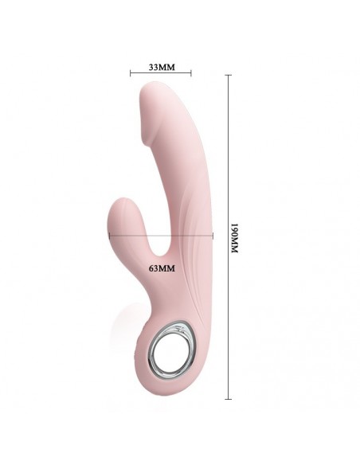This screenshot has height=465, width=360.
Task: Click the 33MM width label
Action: pos(161,66)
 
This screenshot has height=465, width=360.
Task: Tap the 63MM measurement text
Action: pos(161,268)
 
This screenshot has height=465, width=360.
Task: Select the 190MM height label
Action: pos(235,237)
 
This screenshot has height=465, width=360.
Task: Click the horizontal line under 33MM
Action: pos(161,75)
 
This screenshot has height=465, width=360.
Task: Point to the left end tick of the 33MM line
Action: pos(131,75)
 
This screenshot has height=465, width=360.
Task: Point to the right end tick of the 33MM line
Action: pos(191,75)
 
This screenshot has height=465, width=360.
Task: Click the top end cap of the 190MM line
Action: pos(229,75)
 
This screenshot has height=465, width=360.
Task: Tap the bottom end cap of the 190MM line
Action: pos(229,397)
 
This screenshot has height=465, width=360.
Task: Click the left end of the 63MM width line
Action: pos(110,235)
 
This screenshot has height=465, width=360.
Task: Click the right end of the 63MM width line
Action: pos(213,235)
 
